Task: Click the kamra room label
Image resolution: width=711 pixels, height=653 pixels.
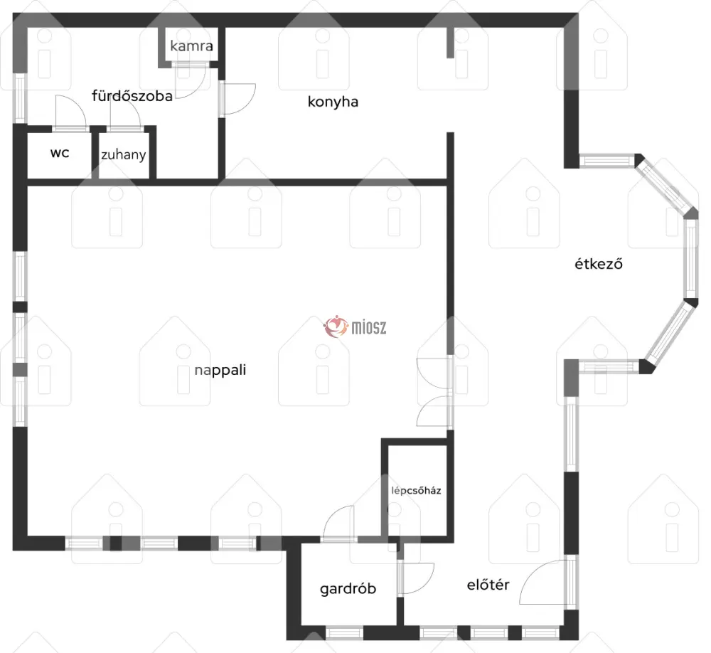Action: tap(191, 46)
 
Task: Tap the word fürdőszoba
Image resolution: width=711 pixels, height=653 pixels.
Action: tap(132, 96)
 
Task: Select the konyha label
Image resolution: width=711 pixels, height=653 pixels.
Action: tap(333, 102)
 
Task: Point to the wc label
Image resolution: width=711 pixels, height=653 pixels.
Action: tap(60, 152)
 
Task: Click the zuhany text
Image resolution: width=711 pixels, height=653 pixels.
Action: tap(123, 155)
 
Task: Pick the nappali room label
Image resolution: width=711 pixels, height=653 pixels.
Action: tap(220, 371)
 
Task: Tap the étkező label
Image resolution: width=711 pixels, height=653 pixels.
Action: tap(599, 264)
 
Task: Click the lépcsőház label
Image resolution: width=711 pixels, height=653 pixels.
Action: tap(416, 491)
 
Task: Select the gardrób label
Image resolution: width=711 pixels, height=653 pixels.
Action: tap(348, 588)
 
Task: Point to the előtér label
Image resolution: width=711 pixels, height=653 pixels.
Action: tap(488, 585)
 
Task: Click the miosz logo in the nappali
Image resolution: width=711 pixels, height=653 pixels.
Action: tap(355, 326)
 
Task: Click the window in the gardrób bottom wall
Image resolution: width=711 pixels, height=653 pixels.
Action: tap(344, 632)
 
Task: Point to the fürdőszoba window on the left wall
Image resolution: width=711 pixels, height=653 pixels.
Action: tap(20, 97)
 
